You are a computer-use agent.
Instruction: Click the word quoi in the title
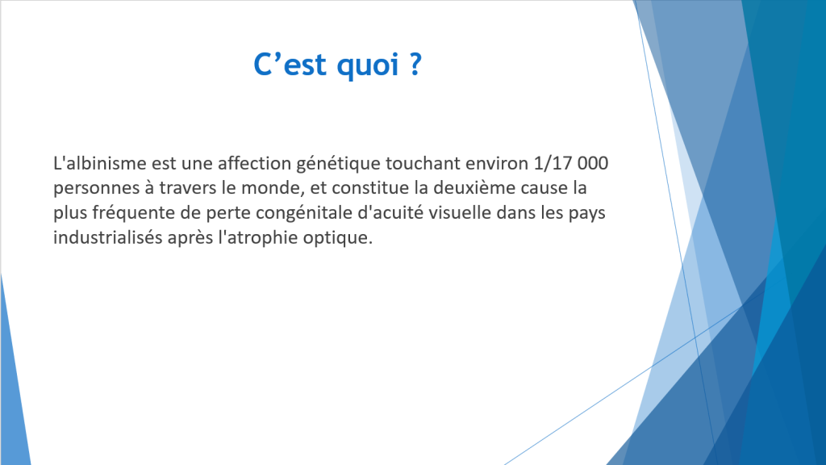click(367, 65)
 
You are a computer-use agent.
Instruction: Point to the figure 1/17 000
click(571, 163)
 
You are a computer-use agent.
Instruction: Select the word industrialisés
click(108, 237)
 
